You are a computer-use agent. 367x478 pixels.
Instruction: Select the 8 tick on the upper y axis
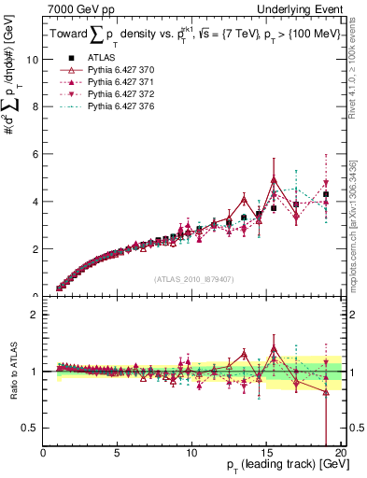[x=35, y=106]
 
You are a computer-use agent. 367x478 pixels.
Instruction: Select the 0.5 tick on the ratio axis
[x=32, y=428]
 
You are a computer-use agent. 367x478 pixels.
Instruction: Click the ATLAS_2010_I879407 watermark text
[x=193, y=277]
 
